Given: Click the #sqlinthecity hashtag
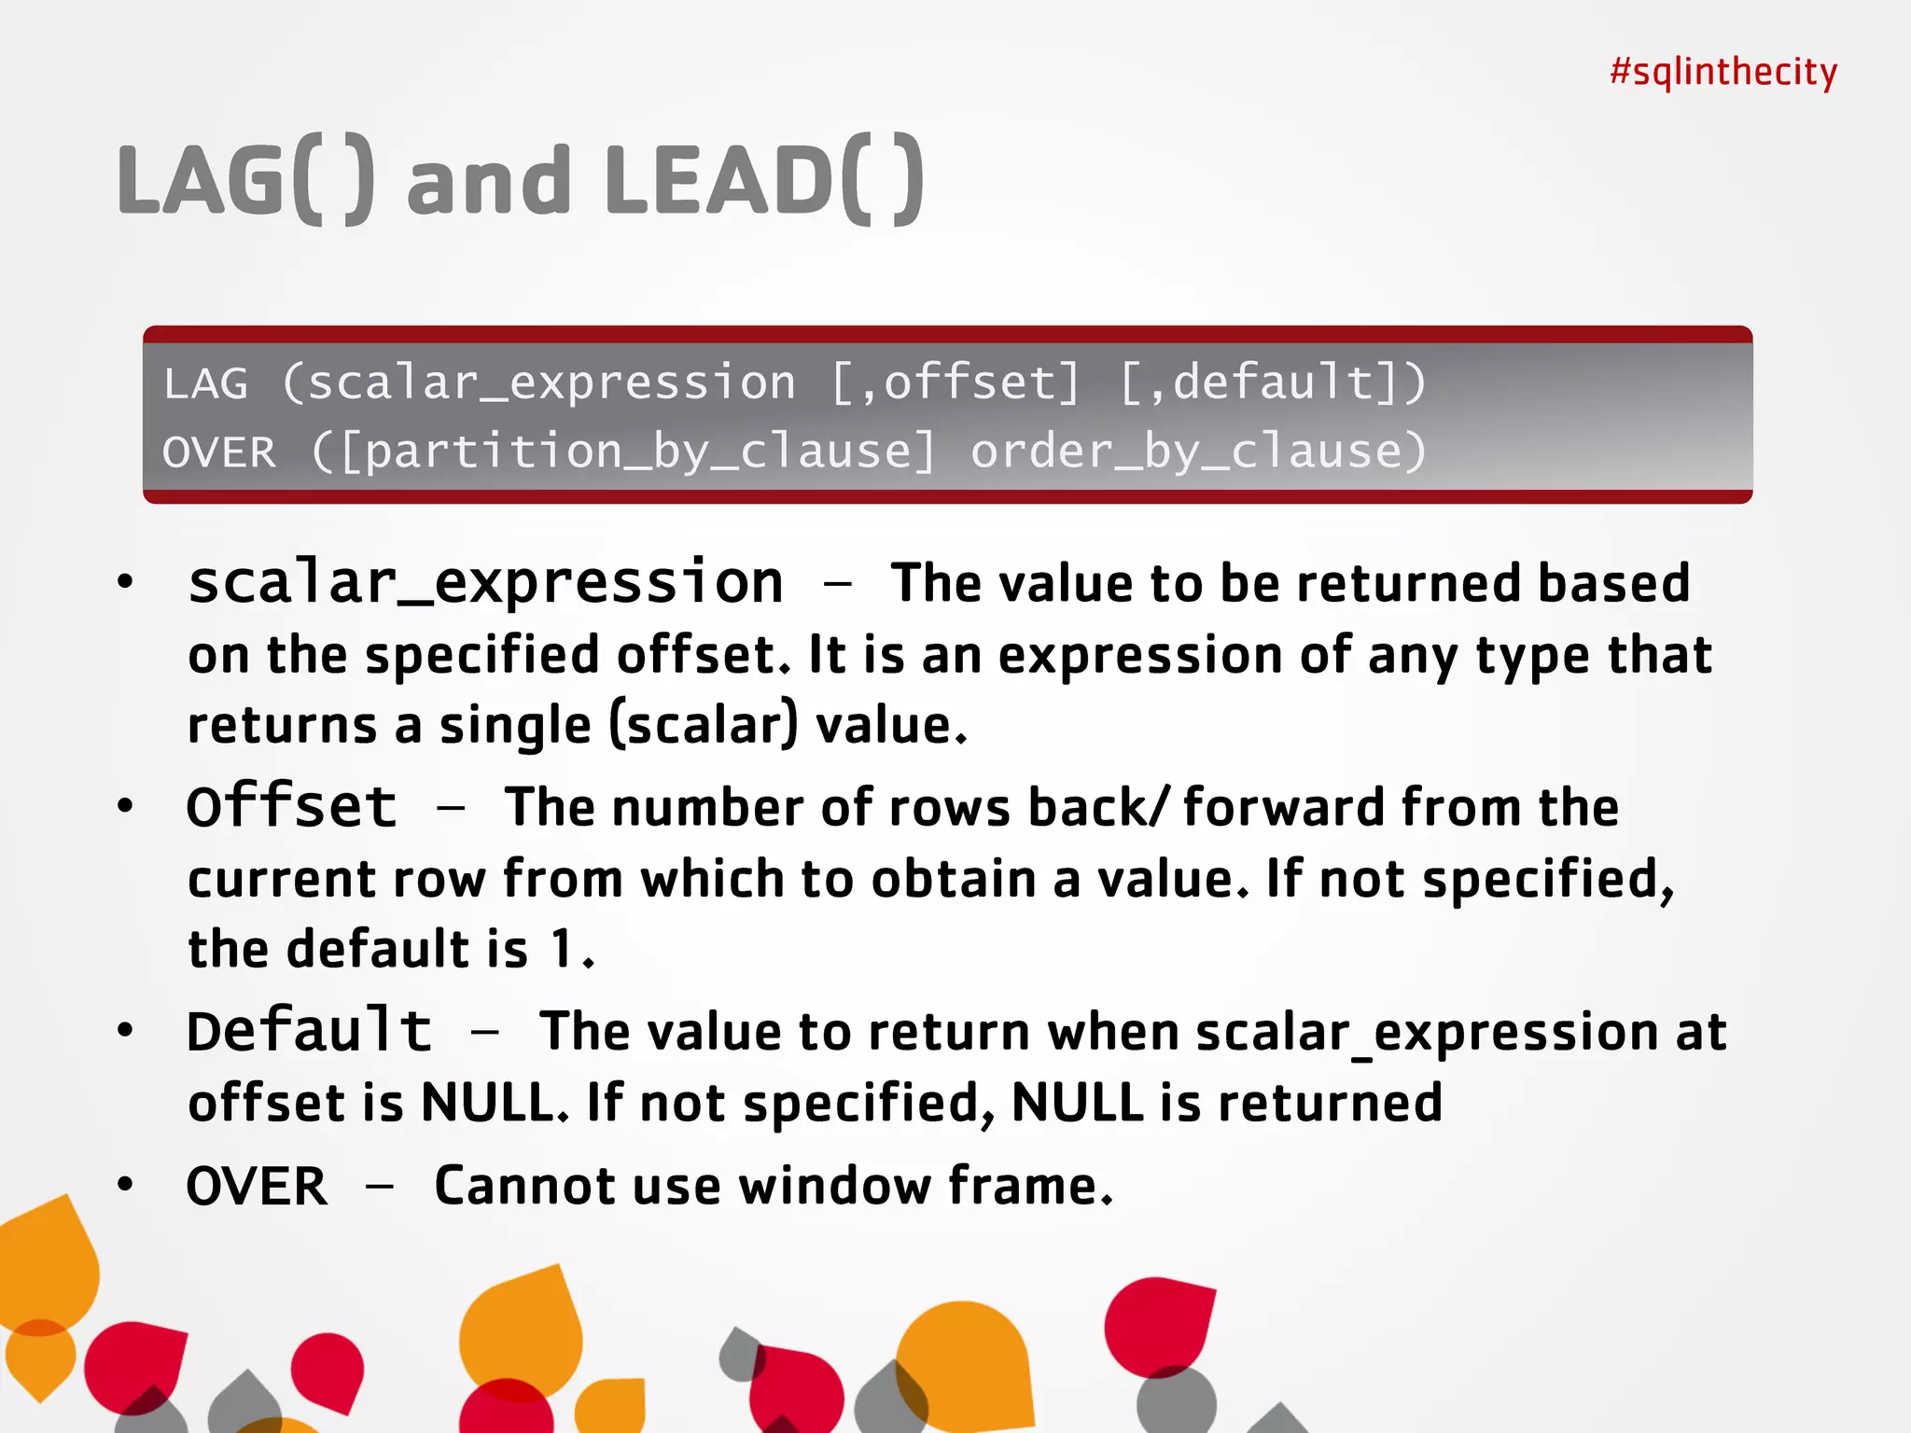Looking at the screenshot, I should point(1723,72).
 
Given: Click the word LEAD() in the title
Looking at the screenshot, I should point(764,180).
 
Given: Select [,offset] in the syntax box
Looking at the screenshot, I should point(955,383).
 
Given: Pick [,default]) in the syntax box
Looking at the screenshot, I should point(1272,383).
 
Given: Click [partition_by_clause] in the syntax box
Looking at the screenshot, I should point(636,452).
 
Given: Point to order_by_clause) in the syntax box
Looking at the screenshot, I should point(1198,452).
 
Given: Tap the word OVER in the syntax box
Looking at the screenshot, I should point(219,453).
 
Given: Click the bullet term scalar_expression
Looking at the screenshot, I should point(485,584).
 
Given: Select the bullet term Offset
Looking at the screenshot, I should point(292,806).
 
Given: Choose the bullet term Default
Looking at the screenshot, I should point(309,1031).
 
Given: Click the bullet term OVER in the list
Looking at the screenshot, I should point(257,1187).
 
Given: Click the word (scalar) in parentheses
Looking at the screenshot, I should point(704,726).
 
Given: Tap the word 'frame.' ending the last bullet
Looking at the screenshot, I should point(1030,1187).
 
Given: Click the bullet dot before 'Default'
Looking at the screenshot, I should point(126,1030).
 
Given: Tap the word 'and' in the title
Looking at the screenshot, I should point(488,180).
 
